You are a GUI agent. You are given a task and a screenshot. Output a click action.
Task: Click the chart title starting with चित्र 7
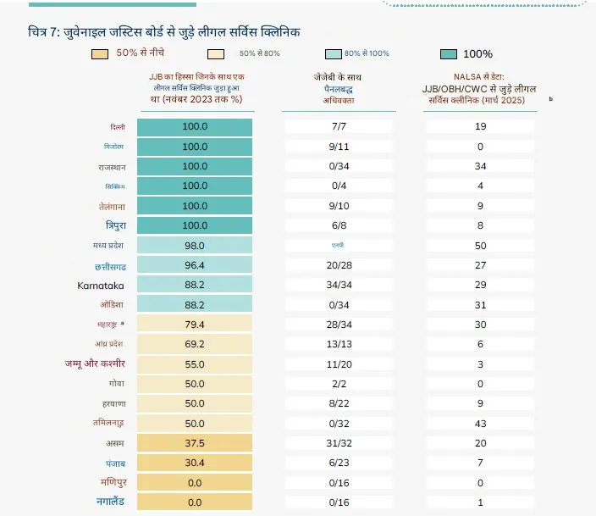coord(164,32)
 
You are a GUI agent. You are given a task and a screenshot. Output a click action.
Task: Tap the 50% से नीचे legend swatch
coord(101,53)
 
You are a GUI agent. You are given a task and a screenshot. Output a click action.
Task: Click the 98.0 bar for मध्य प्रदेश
coord(195,245)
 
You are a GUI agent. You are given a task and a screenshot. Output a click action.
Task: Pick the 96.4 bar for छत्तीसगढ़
coord(195,265)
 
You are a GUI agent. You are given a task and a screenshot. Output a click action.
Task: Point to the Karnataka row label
coord(102,285)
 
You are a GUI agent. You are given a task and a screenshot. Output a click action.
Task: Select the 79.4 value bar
coord(195,325)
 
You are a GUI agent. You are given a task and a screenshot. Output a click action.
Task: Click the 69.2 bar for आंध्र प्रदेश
coord(195,344)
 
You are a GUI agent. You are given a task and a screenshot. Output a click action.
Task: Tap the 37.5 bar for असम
coord(195,443)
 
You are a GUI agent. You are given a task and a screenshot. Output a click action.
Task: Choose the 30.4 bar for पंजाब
coord(195,463)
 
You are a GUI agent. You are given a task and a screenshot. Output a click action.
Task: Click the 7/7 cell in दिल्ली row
coord(338,126)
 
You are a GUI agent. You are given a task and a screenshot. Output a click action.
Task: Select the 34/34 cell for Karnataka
coord(338,285)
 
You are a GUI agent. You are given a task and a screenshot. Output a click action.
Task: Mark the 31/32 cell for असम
coord(338,443)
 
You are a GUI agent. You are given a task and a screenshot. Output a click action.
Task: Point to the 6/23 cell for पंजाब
coord(338,463)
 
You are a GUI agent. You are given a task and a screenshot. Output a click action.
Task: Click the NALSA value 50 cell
coord(479,245)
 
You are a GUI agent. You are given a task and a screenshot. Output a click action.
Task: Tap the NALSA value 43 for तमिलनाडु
coord(479,423)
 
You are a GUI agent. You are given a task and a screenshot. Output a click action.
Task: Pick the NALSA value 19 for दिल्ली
coord(479,126)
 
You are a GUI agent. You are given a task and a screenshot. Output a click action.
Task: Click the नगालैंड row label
coord(111,502)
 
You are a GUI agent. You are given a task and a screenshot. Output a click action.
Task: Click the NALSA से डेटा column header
coord(478,88)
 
